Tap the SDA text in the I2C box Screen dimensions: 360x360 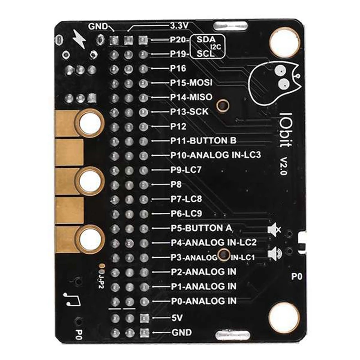click(x=205, y=40)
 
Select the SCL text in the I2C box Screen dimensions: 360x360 click(x=204, y=54)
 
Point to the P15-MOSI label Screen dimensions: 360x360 click(x=191, y=83)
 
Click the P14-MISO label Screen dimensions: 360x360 click(x=191, y=97)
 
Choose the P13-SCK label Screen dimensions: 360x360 click(x=189, y=112)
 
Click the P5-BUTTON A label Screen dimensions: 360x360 click(x=201, y=228)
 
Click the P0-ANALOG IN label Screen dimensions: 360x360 click(x=203, y=301)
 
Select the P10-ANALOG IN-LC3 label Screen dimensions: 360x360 click(x=215, y=155)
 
